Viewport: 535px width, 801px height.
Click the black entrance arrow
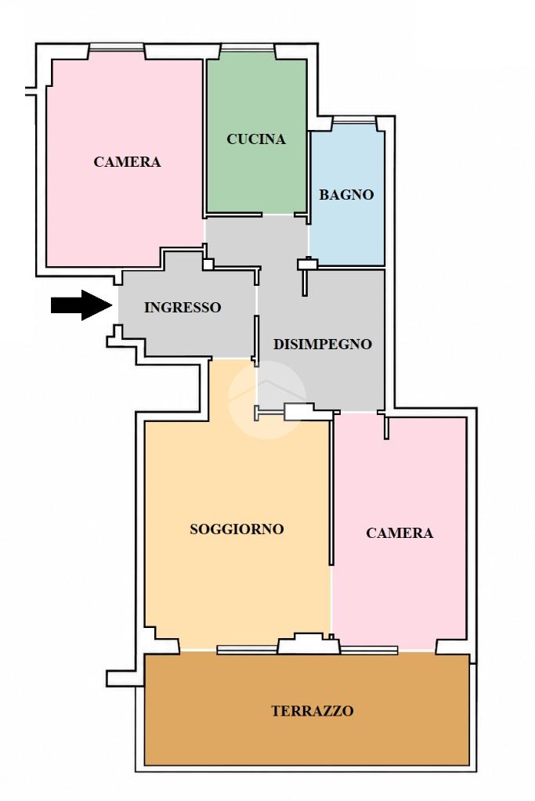click(81, 305)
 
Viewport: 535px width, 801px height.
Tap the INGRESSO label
click(183, 308)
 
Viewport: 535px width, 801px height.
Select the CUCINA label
click(256, 139)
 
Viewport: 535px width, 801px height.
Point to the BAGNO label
click(346, 195)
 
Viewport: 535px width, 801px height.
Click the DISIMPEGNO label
click(323, 345)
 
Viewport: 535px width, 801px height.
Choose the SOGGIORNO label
click(237, 529)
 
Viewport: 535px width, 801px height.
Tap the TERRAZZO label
click(313, 711)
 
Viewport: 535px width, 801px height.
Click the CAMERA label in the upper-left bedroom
click(127, 162)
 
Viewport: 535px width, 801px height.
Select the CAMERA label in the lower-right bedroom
click(399, 533)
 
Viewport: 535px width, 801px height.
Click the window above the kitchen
click(248, 49)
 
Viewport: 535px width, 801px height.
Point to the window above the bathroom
click(353, 120)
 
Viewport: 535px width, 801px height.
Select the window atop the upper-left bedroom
click(116, 49)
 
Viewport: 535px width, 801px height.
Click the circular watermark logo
click(267, 399)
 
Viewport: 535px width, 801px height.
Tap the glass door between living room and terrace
click(248, 650)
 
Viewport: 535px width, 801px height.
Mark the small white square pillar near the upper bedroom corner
click(208, 264)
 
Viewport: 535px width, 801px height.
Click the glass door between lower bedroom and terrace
click(369, 650)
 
